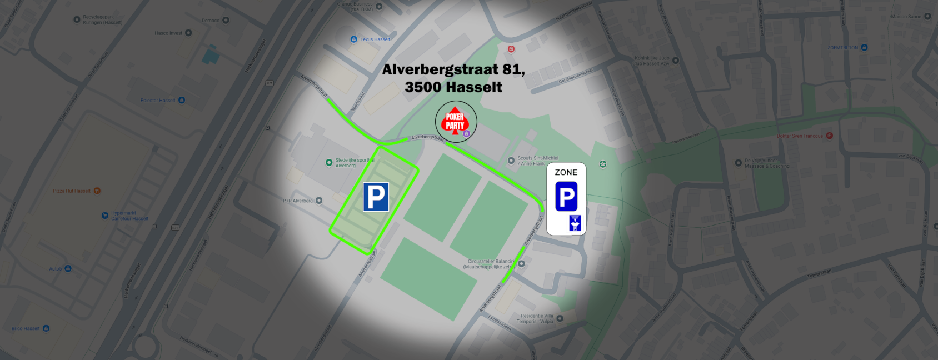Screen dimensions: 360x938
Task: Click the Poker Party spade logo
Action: pyautogui.click(x=455, y=122)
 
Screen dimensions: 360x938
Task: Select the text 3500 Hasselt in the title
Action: pyautogui.click(x=453, y=87)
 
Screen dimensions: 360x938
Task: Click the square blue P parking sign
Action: pyautogui.click(x=376, y=197)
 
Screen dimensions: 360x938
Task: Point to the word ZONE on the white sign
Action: pyautogui.click(x=566, y=172)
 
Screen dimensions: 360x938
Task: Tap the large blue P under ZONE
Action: pyautogui.click(x=566, y=196)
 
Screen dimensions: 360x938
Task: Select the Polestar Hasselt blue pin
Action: pyautogui.click(x=182, y=100)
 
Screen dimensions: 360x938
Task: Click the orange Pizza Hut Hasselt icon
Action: pyautogui.click(x=97, y=191)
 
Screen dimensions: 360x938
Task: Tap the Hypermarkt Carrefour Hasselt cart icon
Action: pyautogui.click(x=104, y=216)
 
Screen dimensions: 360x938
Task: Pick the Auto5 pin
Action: pyautogui.click(x=68, y=268)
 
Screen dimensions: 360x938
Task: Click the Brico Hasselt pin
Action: pyautogui.click(x=46, y=328)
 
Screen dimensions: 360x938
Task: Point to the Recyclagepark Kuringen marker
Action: pyautogui.click(x=77, y=19)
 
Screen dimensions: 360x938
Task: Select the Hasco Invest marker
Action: pyautogui.click(x=188, y=33)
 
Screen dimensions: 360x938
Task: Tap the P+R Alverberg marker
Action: pyautogui.click(x=319, y=201)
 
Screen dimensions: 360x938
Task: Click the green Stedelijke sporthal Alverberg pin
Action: pyautogui.click(x=329, y=163)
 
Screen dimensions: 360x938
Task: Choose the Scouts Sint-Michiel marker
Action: pyautogui.click(x=511, y=161)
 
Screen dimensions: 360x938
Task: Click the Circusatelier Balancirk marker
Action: pyautogui.click(x=521, y=264)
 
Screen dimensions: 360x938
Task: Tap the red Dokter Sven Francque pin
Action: pyautogui.click(x=829, y=136)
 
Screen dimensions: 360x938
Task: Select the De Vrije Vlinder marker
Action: pyautogui.click(x=738, y=163)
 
